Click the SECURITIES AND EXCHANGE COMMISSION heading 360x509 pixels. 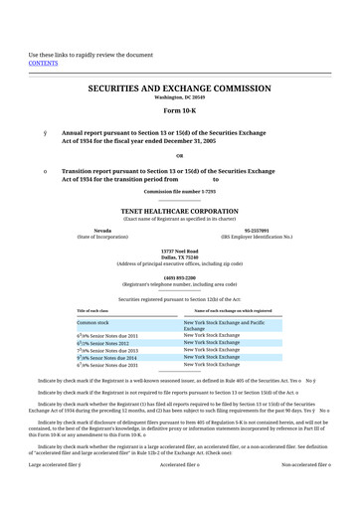(x=179, y=88)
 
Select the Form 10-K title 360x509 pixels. (x=179, y=110)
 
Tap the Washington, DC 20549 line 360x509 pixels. (x=179, y=98)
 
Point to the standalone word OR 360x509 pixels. (x=179, y=154)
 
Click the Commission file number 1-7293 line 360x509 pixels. (x=179, y=190)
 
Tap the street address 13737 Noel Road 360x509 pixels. (x=179, y=251)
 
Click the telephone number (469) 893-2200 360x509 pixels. (x=179, y=277)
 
